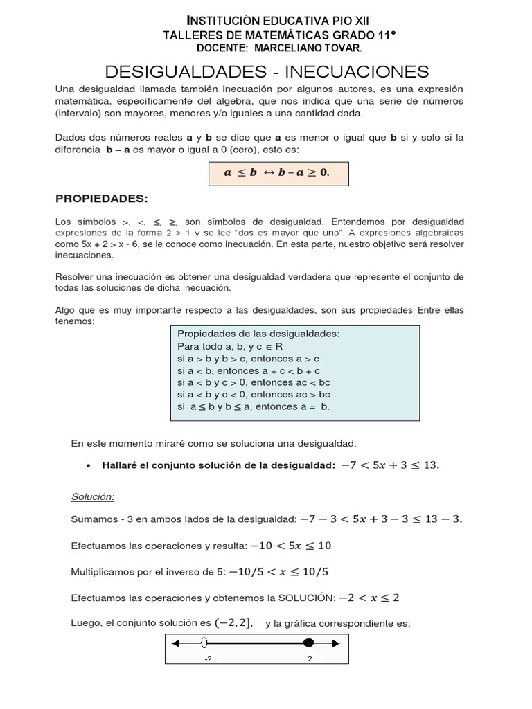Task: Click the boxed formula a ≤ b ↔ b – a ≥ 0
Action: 278,173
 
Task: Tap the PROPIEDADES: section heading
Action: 102,199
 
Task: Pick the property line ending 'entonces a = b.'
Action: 254,406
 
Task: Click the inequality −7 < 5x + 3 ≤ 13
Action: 390,465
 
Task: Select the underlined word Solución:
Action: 93,496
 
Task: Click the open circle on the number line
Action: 204,643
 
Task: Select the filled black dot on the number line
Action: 309,643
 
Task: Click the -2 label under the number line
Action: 208,659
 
